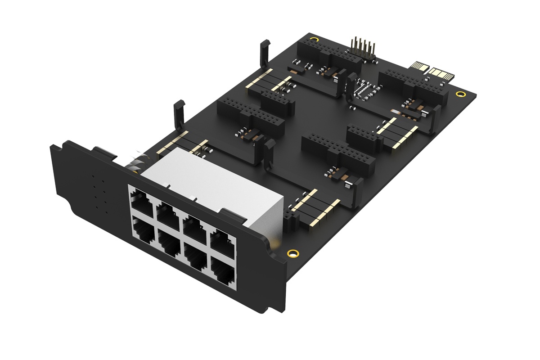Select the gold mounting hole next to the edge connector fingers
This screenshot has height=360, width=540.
click(x=459, y=94)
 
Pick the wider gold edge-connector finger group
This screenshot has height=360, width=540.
click(x=439, y=72)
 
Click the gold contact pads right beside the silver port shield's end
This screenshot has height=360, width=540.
click(x=315, y=209)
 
